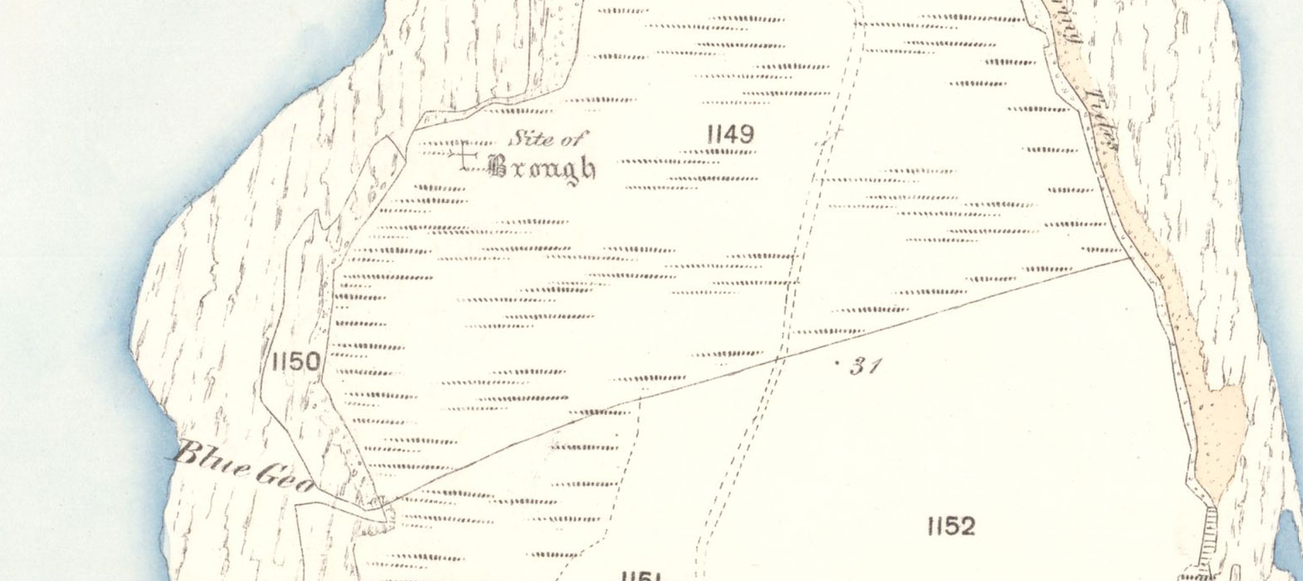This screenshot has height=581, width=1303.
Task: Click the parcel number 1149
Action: [730, 134]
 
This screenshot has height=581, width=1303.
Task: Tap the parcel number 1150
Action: [295, 361]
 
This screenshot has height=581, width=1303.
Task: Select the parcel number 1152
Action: [950, 525]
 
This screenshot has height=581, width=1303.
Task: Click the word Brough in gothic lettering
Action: [543, 168]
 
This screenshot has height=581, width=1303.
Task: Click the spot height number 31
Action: [865, 366]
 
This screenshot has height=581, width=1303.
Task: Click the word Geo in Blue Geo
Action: [282, 477]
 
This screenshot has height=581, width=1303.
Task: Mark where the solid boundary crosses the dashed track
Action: [778, 358]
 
